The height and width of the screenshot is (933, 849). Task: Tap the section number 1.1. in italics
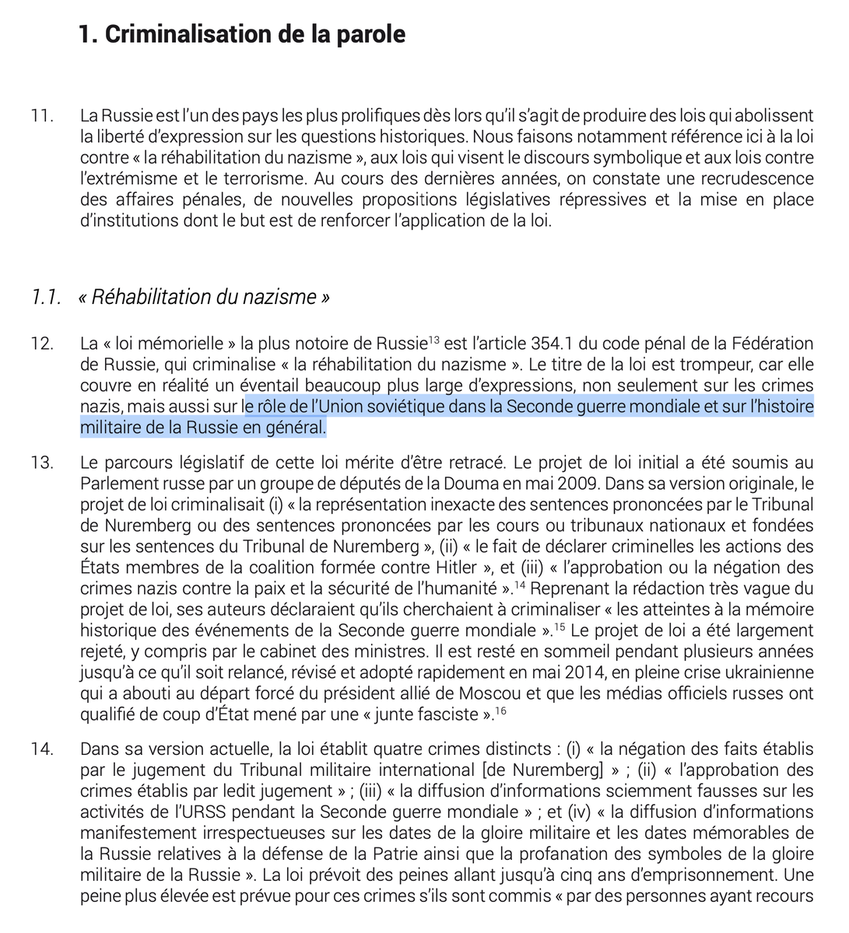[x=47, y=297]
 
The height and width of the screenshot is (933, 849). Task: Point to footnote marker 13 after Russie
[x=434, y=339]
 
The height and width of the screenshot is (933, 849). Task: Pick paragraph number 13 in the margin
[x=42, y=463]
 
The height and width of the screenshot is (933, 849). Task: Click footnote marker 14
[x=520, y=583]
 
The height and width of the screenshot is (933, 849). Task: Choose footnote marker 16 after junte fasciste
[x=500, y=709]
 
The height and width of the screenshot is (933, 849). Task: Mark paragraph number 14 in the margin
[x=42, y=750]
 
